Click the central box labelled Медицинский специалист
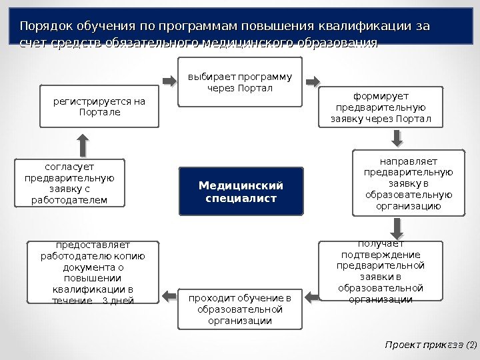tap(241, 191)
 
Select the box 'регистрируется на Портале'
tap(99, 106)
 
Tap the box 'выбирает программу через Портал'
tap(240, 82)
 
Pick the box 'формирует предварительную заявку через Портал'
tap(381, 109)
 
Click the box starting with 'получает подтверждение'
tap(381, 271)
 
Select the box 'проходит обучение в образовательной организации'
tap(240, 309)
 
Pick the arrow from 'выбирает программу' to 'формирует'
tap(311, 82)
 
